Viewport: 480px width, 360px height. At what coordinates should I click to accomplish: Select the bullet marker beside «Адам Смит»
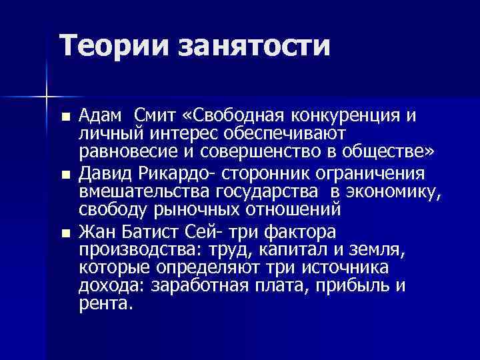(x=64, y=116)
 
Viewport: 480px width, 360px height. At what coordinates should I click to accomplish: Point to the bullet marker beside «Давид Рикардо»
(x=64, y=175)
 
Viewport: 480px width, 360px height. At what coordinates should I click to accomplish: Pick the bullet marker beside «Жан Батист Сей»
(x=64, y=233)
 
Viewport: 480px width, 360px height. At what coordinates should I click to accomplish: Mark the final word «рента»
(x=105, y=304)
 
